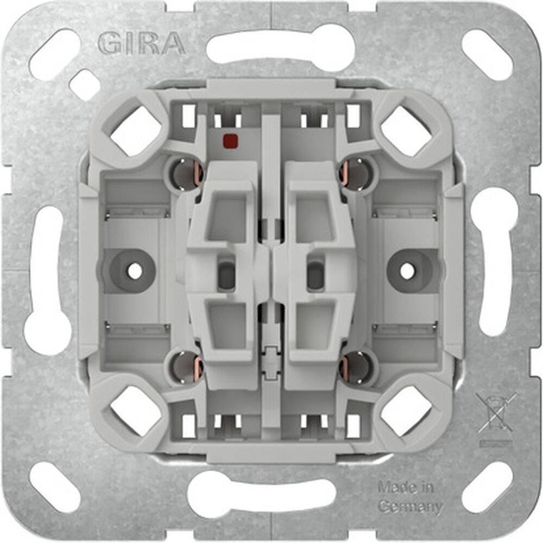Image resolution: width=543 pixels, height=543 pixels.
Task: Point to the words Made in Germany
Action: pos(409,497)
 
